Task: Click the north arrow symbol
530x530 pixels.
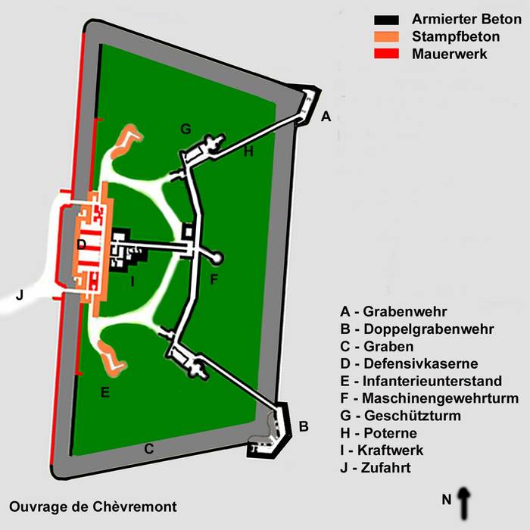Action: [x=464, y=500]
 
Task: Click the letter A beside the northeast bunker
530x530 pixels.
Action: [x=326, y=117]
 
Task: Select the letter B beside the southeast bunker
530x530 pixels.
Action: [x=304, y=426]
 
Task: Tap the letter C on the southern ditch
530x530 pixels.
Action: [x=149, y=449]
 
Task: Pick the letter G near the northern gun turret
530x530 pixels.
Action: [x=185, y=129]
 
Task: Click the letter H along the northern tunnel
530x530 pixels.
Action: [x=248, y=152]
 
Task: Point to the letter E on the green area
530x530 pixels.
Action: [x=105, y=391]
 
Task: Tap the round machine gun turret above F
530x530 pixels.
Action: [x=218, y=258]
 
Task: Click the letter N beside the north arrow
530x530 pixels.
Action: [x=447, y=498]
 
